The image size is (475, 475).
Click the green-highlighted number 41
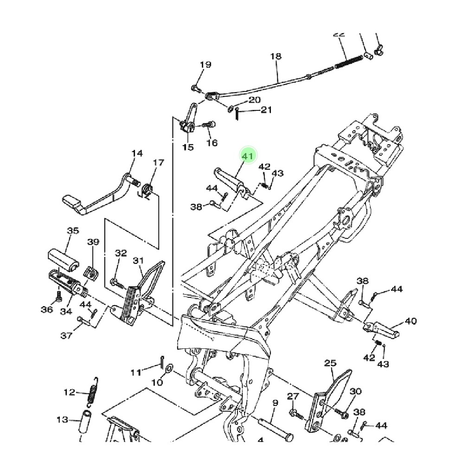click(x=247, y=156)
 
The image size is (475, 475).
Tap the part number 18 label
click(x=276, y=57)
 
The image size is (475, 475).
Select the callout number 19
click(x=205, y=64)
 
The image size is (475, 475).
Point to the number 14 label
click(x=137, y=154)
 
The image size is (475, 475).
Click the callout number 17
click(x=158, y=163)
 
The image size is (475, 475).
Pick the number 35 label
click(x=73, y=231)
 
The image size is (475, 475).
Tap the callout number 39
click(x=93, y=242)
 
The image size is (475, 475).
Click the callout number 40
click(x=411, y=321)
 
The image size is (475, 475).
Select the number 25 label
click(x=330, y=363)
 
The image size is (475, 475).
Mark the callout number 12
click(x=69, y=392)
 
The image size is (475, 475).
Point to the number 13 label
click(x=62, y=420)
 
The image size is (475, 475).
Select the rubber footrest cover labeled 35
click(x=63, y=258)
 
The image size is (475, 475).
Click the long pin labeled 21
click(x=237, y=114)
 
